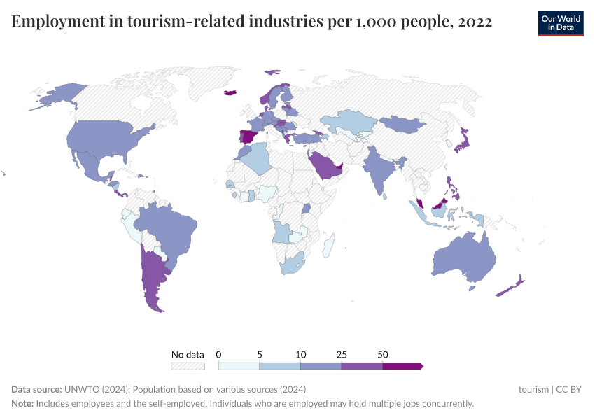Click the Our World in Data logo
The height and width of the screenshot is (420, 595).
(560, 22)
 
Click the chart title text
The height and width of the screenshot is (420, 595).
(252, 22)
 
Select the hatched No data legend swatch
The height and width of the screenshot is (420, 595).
(188, 365)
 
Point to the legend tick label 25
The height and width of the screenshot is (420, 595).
(342, 354)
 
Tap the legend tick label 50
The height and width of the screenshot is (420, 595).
(382, 354)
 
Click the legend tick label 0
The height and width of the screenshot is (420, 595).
(219, 354)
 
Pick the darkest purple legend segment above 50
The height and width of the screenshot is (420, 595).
(402, 365)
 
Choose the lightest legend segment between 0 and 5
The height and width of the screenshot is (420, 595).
(239, 365)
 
